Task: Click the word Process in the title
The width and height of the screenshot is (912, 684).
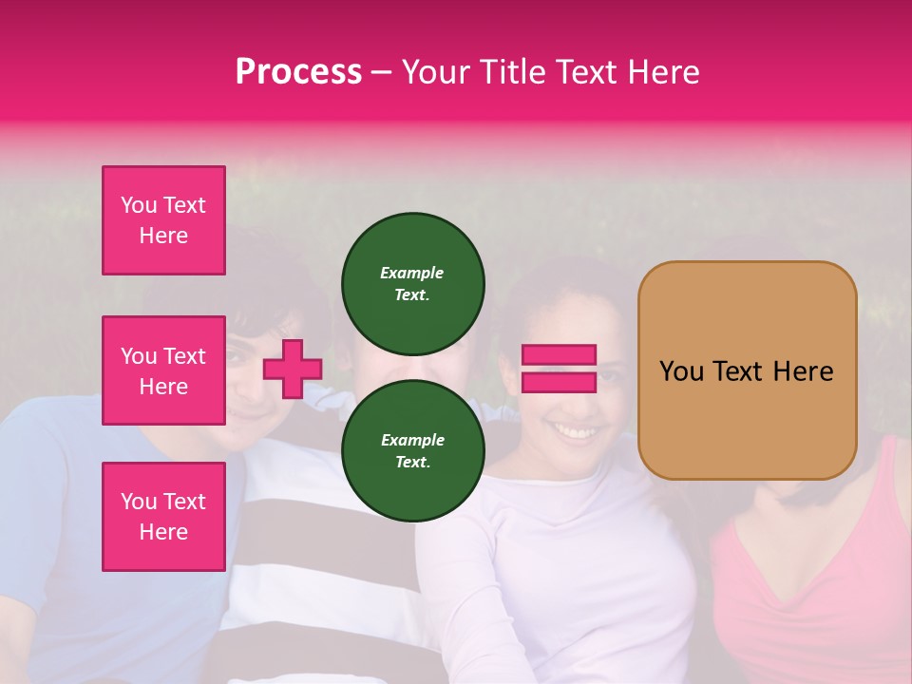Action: pos(298,72)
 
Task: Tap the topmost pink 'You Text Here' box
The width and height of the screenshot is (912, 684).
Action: pos(163,220)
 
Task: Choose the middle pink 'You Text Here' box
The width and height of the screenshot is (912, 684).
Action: pos(163,370)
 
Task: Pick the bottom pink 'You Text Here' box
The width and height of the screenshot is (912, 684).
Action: pos(163,517)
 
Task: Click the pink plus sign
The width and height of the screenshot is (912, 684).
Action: pos(293,369)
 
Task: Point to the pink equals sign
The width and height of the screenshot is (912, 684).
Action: pos(559,369)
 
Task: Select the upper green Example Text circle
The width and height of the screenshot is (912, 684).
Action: pos(413,283)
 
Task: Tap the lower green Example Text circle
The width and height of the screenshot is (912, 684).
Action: pos(413,450)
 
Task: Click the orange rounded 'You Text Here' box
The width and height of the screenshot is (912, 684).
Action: pos(747,370)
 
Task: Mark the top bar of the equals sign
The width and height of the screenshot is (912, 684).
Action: pos(559,355)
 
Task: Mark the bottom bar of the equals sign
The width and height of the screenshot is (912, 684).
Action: pos(559,382)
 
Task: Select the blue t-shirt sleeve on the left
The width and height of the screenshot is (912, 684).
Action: pos(38,456)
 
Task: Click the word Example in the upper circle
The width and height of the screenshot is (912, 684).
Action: pos(411,273)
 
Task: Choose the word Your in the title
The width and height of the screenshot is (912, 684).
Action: pos(437,72)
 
